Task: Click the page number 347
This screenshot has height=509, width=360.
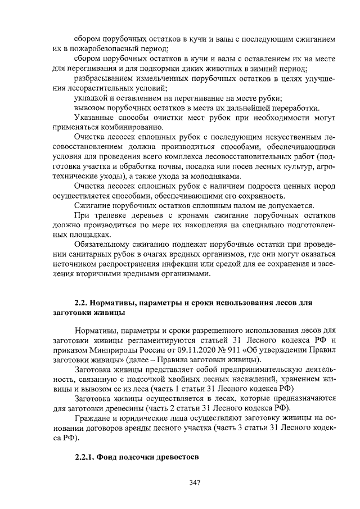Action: click(195, 482)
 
